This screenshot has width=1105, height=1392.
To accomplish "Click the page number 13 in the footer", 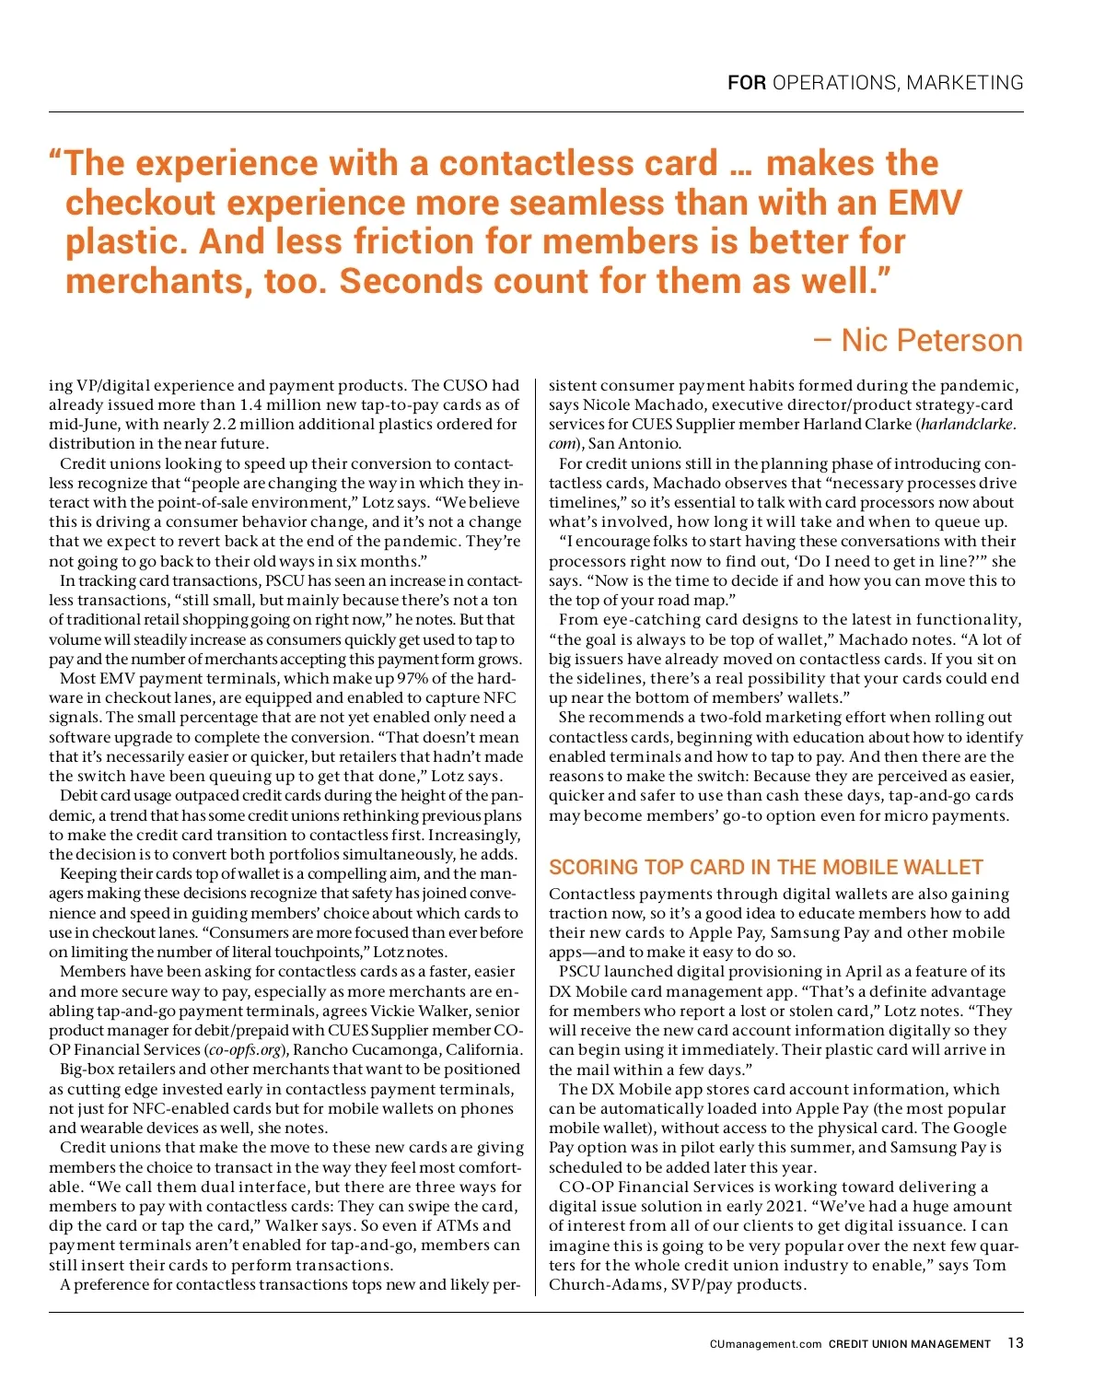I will coord(1015,1343).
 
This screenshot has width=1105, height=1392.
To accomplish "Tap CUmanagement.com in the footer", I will coord(765,1344).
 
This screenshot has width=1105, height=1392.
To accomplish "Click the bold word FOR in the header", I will coord(746,83).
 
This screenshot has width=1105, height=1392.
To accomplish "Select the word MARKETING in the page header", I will coord(965,83).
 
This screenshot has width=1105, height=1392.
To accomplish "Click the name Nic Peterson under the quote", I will coord(931,340).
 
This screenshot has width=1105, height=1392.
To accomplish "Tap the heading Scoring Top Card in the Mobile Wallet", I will coord(766,867).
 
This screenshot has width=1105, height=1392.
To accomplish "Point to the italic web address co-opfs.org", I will coord(243,1050).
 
